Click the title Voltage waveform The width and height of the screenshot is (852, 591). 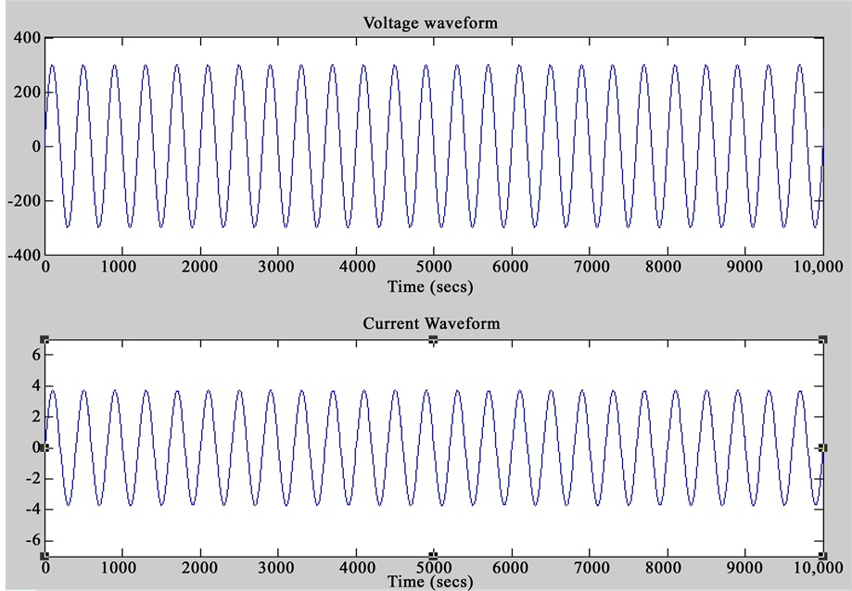point(431,23)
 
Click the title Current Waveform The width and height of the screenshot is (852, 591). point(431,323)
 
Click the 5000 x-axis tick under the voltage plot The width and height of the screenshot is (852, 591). point(433,269)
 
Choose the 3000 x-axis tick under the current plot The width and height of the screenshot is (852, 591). point(277,567)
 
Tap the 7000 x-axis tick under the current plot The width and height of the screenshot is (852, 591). point(589,567)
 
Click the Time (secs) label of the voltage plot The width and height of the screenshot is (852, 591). point(431,286)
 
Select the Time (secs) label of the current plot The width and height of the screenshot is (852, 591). point(431,582)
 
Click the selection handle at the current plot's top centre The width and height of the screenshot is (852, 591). point(433,340)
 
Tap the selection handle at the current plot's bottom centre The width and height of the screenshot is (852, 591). point(433,555)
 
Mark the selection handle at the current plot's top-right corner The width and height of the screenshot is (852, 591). point(822,340)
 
